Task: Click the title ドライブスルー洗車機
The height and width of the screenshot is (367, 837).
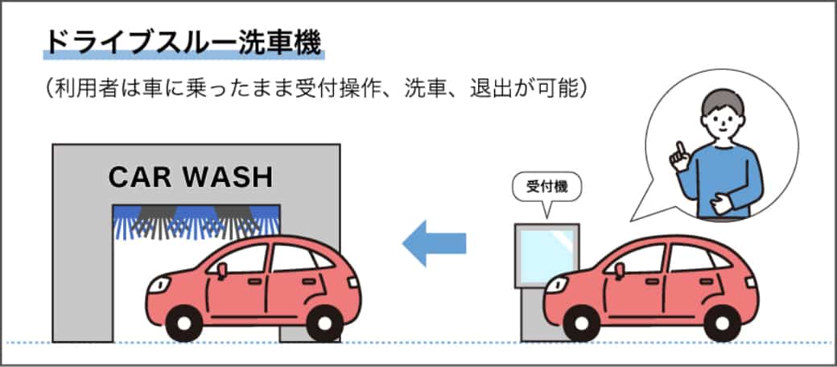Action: pos(183,43)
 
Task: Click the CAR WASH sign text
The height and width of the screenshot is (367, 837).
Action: pos(192,176)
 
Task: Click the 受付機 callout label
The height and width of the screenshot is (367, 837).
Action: pos(547,187)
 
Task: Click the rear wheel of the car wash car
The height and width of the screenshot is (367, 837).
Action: pos(324,323)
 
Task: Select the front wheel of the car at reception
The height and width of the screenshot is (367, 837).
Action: pos(583,323)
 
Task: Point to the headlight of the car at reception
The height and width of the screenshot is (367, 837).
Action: pos(555,284)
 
